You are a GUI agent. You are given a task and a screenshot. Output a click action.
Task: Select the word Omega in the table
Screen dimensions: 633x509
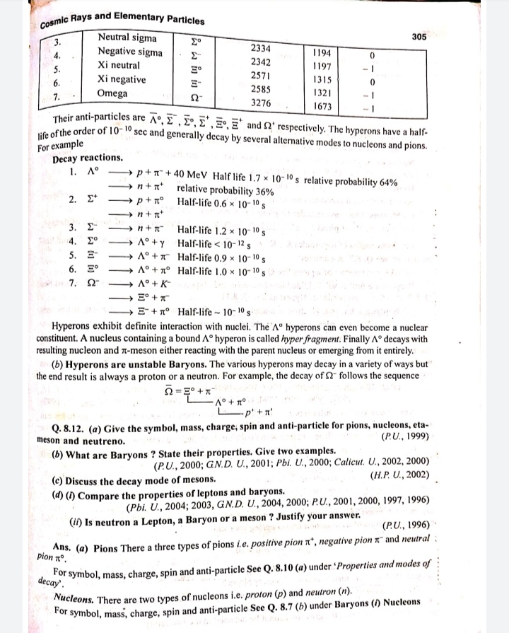pyautogui.click(x=113, y=93)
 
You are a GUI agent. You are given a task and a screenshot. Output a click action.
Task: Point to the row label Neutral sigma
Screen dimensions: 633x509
pyautogui.click(x=127, y=37)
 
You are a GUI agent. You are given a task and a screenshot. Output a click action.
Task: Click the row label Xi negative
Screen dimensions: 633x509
pyautogui.click(x=122, y=79)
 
